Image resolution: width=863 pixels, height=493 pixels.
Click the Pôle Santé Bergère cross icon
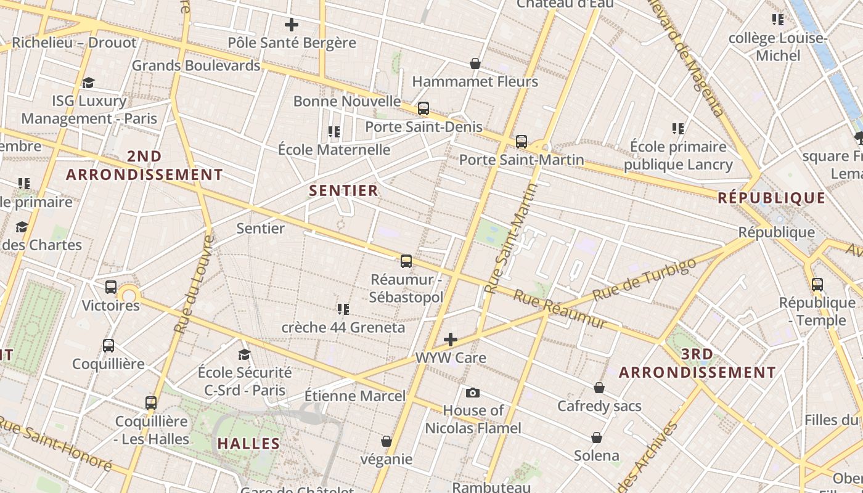[292, 25]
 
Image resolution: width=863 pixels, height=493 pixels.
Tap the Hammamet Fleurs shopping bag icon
[475, 63]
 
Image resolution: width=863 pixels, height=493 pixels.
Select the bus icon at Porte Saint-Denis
[423, 108]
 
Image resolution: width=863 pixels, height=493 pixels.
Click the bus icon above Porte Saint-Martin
[521, 142]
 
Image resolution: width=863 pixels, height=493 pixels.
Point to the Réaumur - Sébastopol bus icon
[406, 261]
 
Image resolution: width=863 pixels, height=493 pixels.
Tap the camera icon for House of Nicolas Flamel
[473, 393]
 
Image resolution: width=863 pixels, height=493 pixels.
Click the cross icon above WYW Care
[451, 340]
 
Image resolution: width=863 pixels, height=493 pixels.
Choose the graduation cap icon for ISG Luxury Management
[88, 83]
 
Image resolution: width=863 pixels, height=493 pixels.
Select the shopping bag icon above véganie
[387, 441]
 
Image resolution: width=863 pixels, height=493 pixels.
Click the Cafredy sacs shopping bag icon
[599, 388]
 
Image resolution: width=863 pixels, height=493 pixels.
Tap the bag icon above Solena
[597, 438]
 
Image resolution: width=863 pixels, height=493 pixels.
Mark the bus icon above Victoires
[111, 287]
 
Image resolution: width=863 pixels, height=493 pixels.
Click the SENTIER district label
[344, 190]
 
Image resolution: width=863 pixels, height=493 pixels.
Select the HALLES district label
[249, 443]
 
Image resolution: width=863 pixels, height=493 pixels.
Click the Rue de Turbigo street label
[645, 279]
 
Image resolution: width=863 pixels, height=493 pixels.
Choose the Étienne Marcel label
[355, 396]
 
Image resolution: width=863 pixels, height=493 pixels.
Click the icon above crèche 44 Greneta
[343, 309]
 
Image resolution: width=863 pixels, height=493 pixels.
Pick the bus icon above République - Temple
[817, 285]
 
